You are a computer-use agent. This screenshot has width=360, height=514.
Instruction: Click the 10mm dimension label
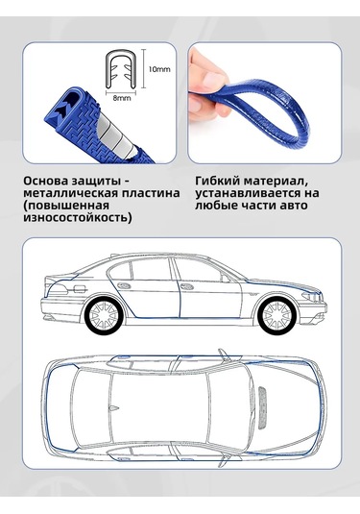159,69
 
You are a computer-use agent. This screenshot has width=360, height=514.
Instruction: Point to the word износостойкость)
78,218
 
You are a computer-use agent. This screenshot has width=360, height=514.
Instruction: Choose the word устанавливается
247,193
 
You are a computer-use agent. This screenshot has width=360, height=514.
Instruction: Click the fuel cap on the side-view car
81,289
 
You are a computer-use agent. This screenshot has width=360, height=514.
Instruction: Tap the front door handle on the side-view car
187,286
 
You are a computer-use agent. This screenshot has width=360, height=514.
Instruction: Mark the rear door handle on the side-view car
124,285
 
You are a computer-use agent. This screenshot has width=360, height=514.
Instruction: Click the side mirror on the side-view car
226,279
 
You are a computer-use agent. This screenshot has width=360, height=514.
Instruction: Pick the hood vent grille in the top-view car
263,407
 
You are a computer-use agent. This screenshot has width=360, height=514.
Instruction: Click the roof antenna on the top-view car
113,408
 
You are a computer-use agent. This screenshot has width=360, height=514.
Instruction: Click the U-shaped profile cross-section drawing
121,69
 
